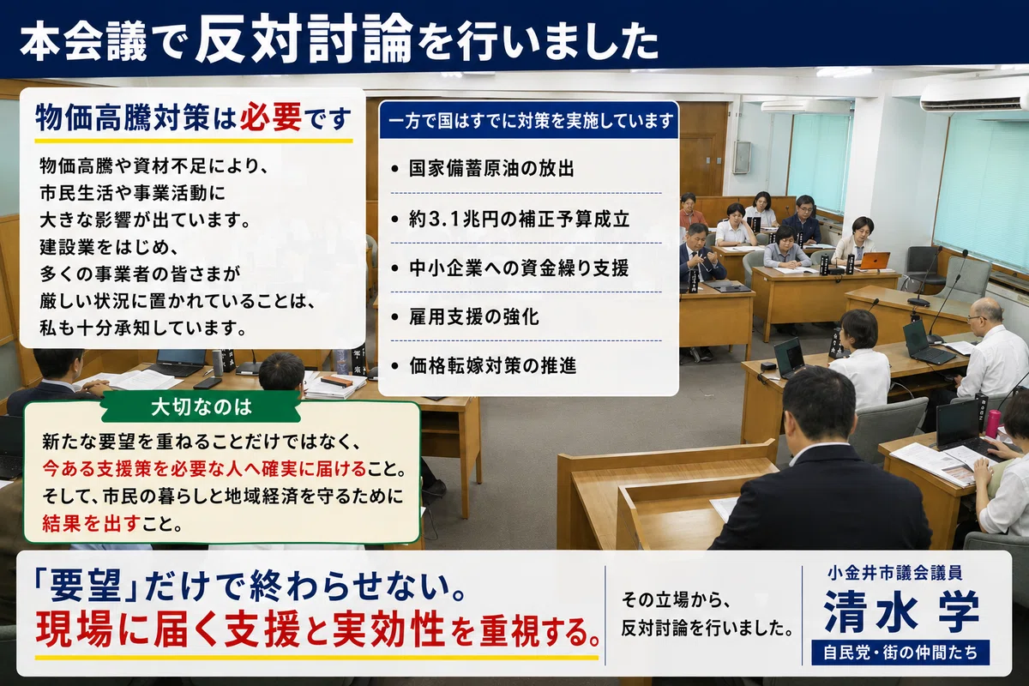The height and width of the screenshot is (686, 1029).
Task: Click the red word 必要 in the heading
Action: click(x=271, y=117)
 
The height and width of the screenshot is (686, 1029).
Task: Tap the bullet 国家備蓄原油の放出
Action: click(x=482, y=169)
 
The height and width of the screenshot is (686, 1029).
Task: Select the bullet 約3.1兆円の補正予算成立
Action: click(x=510, y=219)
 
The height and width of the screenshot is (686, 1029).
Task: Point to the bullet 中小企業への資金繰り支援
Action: click(x=509, y=268)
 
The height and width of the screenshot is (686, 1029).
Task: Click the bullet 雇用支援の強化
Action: click(x=465, y=317)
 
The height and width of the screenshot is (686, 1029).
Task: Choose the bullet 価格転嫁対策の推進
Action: click(x=484, y=366)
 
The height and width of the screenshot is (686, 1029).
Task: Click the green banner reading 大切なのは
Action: click(x=202, y=407)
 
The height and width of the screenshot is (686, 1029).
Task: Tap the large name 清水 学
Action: click(x=901, y=611)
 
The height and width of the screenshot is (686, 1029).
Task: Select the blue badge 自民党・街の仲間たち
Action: click(x=900, y=653)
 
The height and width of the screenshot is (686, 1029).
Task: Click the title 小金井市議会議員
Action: click(x=895, y=573)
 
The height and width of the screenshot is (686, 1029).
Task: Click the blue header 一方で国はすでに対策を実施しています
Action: click(x=529, y=121)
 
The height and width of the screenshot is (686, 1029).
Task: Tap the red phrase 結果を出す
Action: click(x=91, y=523)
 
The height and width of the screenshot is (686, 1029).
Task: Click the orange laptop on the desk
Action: click(x=875, y=261)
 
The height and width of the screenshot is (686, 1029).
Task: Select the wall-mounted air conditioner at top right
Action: click(x=974, y=98)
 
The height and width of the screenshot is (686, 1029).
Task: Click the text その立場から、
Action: click(x=673, y=599)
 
